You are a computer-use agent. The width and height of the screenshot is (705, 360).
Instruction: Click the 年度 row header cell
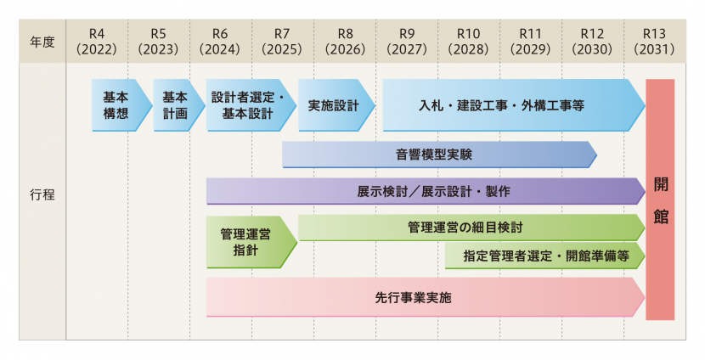pyautogui.click(x=42, y=42)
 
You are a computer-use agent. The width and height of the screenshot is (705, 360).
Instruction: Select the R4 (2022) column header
pyautogui.click(x=97, y=42)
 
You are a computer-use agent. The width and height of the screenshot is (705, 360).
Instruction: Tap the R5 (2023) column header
pyautogui.click(x=159, y=42)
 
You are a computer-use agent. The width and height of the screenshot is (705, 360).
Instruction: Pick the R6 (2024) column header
pyautogui.click(x=221, y=42)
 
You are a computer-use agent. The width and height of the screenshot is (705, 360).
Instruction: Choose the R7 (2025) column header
pyautogui.click(x=283, y=42)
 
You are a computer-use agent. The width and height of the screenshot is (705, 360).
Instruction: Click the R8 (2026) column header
pyautogui.click(x=345, y=42)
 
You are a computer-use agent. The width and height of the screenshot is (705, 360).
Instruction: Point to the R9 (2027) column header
pyautogui.click(x=407, y=42)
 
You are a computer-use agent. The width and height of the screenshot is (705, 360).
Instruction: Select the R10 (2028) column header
pyautogui.click(x=469, y=42)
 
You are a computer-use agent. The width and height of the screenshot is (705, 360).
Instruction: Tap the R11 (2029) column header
pyautogui.click(x=531, y=42)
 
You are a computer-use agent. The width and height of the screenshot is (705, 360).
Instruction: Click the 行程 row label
pyautogui.click(x=42, y=194)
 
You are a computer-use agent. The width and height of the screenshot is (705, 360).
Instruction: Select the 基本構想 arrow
pyautogui.click(x=116, y=105)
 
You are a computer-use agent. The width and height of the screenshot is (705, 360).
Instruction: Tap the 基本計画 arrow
pyautogui.click(x=175, y=105)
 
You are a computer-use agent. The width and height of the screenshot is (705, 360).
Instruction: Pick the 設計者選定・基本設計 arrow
pyautogui.click(x=246, y=105)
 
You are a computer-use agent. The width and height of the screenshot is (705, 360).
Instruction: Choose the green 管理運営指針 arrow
pyautogui.click(x=246, y=242)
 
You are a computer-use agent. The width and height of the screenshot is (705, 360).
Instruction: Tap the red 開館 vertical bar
pyautogui.click(x=660, y=200)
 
